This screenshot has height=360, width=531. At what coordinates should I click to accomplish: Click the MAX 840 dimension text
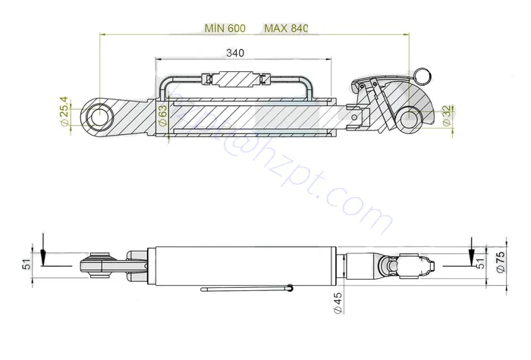[286, 28]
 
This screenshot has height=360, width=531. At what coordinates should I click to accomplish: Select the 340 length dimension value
[234, 53]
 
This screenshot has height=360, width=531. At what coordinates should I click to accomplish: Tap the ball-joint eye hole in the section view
[99, 117]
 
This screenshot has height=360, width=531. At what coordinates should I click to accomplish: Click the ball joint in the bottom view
[96, 265]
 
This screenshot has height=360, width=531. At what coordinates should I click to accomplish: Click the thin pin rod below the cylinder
[247, 289]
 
